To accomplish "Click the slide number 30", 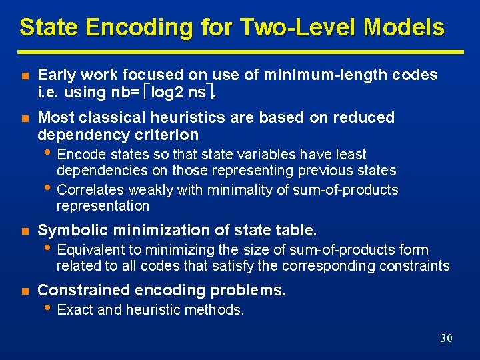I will [446, 338].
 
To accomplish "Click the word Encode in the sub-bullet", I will [79, 155].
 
